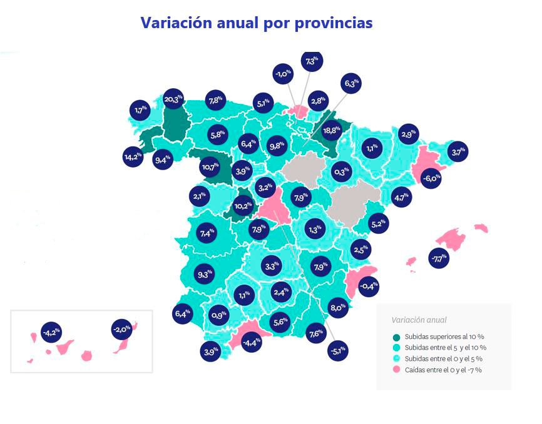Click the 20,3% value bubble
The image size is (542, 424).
click(x=173, y=99)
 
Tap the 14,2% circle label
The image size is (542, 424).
click(x=133, y=156)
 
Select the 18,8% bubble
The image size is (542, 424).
click(x=331, y=131)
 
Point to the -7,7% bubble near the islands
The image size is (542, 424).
click(x=439, y=257)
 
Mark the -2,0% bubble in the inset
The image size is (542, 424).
click(x=121, y=328)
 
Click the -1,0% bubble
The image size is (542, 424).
click(x=283, y=74)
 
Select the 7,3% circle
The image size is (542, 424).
click(x=312, y=61)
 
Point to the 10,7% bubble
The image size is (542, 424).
click(x=210, y=168)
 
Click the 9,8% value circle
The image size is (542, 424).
click(x=277, y=145)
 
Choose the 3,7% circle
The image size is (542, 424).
click(x=459, y=152)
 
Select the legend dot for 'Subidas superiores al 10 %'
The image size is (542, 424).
click(x=397, y=337)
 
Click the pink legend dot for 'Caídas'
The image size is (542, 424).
click(x=397, y=370)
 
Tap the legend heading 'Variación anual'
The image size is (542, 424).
click(x=419, y=320)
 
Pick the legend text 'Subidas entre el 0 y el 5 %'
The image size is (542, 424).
click(x=443, y=359)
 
